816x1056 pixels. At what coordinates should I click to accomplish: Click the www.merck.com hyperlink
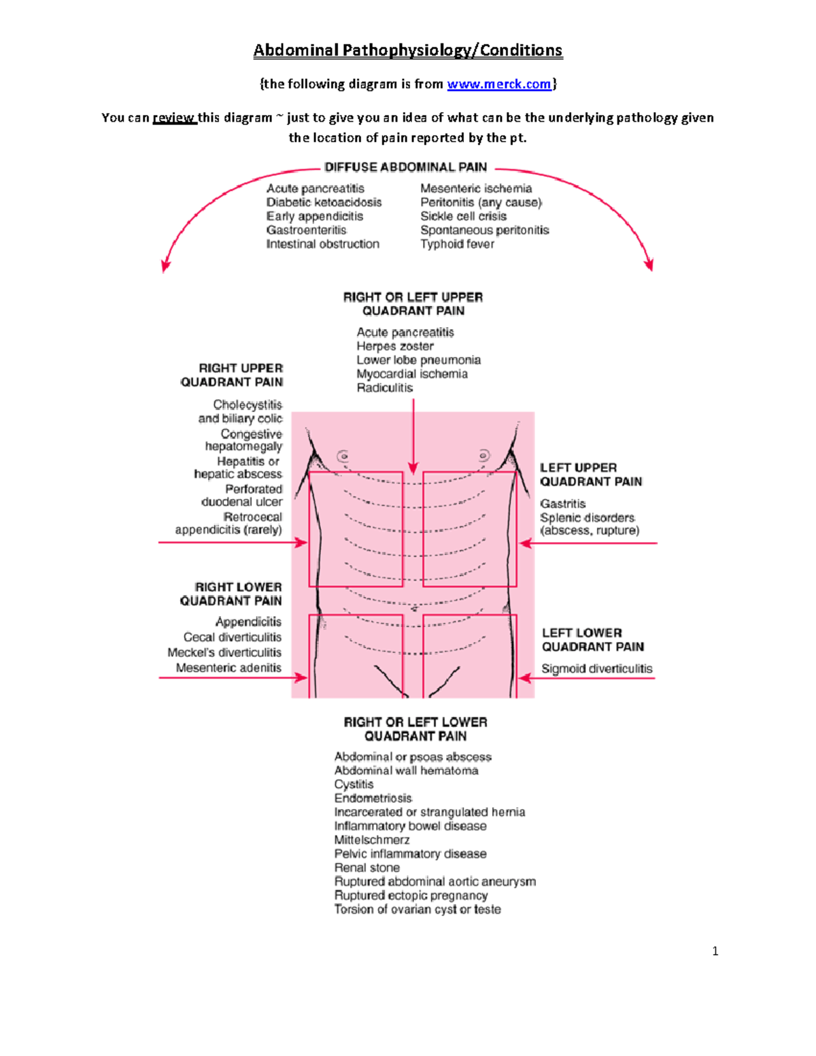click(498, 84)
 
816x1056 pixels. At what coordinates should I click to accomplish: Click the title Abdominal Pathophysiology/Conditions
click(408, 50)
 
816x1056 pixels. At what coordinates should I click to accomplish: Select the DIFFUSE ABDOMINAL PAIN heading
click(406, 167)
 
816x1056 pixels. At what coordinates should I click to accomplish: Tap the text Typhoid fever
click(457, 244)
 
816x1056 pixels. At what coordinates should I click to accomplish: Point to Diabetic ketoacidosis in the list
click(324, 203)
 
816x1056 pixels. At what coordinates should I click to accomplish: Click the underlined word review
click(174, 118)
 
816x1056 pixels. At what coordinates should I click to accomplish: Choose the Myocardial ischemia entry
click(412, 374)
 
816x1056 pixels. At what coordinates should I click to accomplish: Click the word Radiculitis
click(385, 388)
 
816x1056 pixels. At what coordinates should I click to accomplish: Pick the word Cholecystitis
click(248, 405)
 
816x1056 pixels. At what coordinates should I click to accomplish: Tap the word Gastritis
click(563, 504)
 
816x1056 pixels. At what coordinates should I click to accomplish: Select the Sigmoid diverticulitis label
click(596, 669)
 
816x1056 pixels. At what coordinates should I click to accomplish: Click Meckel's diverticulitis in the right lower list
click(224, 653)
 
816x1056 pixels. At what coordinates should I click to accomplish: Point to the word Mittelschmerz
click(372, 840)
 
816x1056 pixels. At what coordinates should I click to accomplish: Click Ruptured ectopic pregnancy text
click(411, 896)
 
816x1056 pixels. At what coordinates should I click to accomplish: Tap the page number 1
click(715, 951)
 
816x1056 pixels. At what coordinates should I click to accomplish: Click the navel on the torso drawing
click(413, 609)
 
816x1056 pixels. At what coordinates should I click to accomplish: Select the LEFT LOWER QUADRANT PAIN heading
click(592, 640)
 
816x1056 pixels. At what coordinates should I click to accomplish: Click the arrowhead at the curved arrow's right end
click(649, 265)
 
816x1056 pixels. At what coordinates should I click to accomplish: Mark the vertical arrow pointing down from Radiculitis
click(413, 435)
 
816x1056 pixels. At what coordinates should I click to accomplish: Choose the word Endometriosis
click(373, 798)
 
